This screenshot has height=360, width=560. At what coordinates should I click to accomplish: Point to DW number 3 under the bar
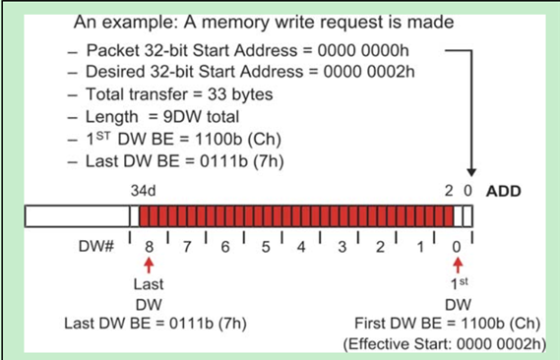tap(341, 244)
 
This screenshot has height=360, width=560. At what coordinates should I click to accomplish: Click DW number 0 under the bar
tap(456, 244)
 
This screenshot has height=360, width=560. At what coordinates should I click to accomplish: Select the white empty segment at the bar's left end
tap(81, 215)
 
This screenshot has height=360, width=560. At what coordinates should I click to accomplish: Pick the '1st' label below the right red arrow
tap(456, 283)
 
